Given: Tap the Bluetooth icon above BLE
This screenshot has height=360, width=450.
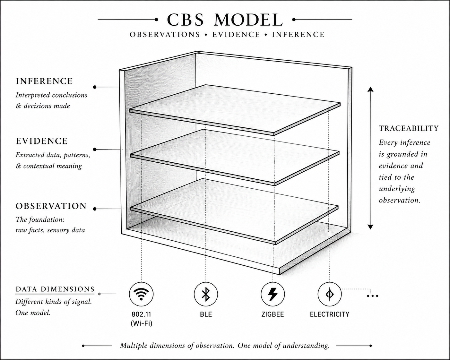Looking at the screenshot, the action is [x=206, y=294].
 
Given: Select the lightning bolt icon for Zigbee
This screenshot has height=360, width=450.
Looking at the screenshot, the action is [x=273, y=294].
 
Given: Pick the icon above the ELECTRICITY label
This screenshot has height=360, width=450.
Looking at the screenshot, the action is [x=330, y=294].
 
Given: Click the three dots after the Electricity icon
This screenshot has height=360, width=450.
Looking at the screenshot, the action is [x=373, y=296].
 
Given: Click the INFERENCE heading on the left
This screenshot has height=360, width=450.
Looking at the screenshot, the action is [x=44, y=81].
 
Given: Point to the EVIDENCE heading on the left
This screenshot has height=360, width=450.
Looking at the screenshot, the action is [x=42, y=141].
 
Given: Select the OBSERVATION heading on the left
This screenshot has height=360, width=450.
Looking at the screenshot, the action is [x=51, y=206].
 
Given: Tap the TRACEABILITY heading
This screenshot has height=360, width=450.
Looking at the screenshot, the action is [x=409, y=128].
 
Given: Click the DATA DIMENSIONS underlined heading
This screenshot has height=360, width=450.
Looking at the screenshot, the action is [x=55, y=289].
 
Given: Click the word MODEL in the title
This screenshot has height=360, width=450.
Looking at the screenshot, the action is [x=248, y=20].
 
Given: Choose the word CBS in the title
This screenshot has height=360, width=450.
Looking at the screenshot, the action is [x=185, y=20].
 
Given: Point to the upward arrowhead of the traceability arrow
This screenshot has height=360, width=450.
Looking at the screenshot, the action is [x=370, y=89].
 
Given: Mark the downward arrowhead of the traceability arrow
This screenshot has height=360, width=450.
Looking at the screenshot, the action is [x=370, y=227].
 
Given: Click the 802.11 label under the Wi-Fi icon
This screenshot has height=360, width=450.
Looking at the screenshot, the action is [x=141, y=314].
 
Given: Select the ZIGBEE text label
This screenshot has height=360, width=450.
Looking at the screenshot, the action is [x=273, y=314].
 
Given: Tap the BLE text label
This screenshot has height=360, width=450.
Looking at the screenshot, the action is [x=206, y=314].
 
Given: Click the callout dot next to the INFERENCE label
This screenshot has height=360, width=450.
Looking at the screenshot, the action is [x=95, y=87].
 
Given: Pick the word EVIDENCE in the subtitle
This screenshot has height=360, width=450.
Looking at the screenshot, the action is [x=236, y=35].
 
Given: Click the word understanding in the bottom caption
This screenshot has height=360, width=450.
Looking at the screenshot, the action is [x=306, y=346].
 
